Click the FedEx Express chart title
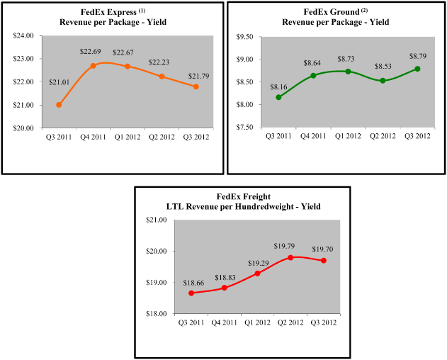111,16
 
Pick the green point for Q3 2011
278,97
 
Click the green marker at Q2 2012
383,80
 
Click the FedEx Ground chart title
336,16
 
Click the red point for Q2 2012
290,257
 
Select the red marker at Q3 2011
191,293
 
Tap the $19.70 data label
324,248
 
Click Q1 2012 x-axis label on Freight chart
257,324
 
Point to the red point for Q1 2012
257,273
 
